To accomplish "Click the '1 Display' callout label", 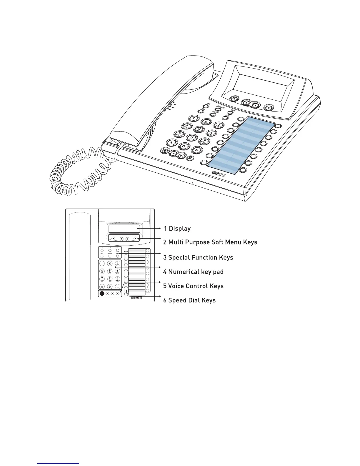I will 177,229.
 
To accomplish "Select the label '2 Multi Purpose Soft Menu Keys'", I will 210,242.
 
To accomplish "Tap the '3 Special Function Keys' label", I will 198,257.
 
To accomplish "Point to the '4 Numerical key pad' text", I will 193,272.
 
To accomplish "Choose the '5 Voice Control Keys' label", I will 193,286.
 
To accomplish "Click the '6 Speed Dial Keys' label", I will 189,300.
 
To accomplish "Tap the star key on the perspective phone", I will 171,142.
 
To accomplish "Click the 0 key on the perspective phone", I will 184,146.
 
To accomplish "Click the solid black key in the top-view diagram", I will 102,293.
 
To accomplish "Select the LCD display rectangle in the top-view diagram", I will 124,229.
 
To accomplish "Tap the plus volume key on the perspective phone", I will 181,156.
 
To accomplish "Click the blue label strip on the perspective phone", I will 241,144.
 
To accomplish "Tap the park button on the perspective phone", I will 206,106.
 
